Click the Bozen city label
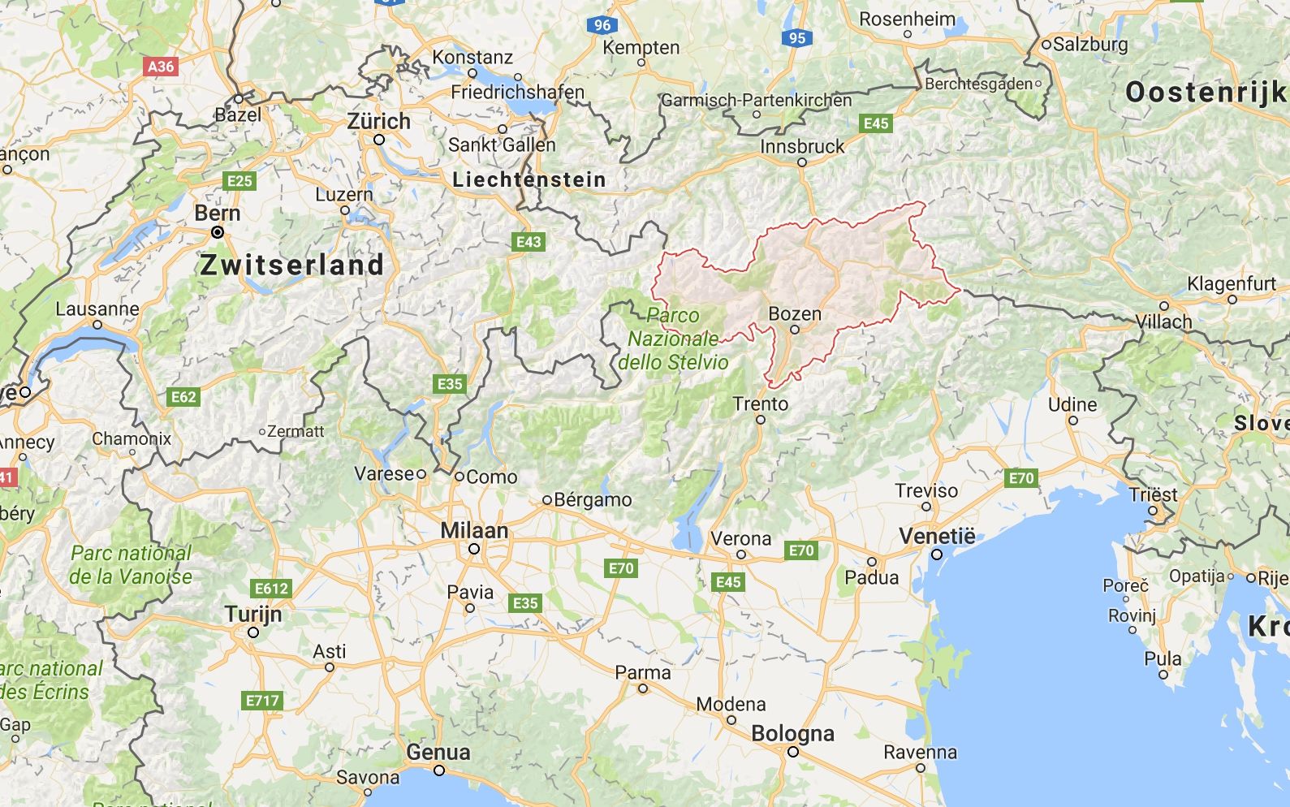point(794,314)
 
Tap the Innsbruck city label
point(802,147)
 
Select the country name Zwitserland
point(292,265)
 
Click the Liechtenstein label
point(529,180)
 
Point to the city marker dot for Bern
point(218,233)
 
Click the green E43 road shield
point(529,241)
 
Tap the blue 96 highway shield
point(602,25)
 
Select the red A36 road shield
point(161,66)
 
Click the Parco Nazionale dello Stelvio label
point(673,339)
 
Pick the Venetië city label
point(937,537)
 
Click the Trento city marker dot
point(761,420)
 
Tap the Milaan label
point(474,531)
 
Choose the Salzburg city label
point(1090,44)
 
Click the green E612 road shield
point(271,589)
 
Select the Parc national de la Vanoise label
point(132,565)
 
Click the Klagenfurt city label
point(1232,284)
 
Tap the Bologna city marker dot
point(792,752)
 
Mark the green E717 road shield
point(262,700)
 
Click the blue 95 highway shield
point(797,38)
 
